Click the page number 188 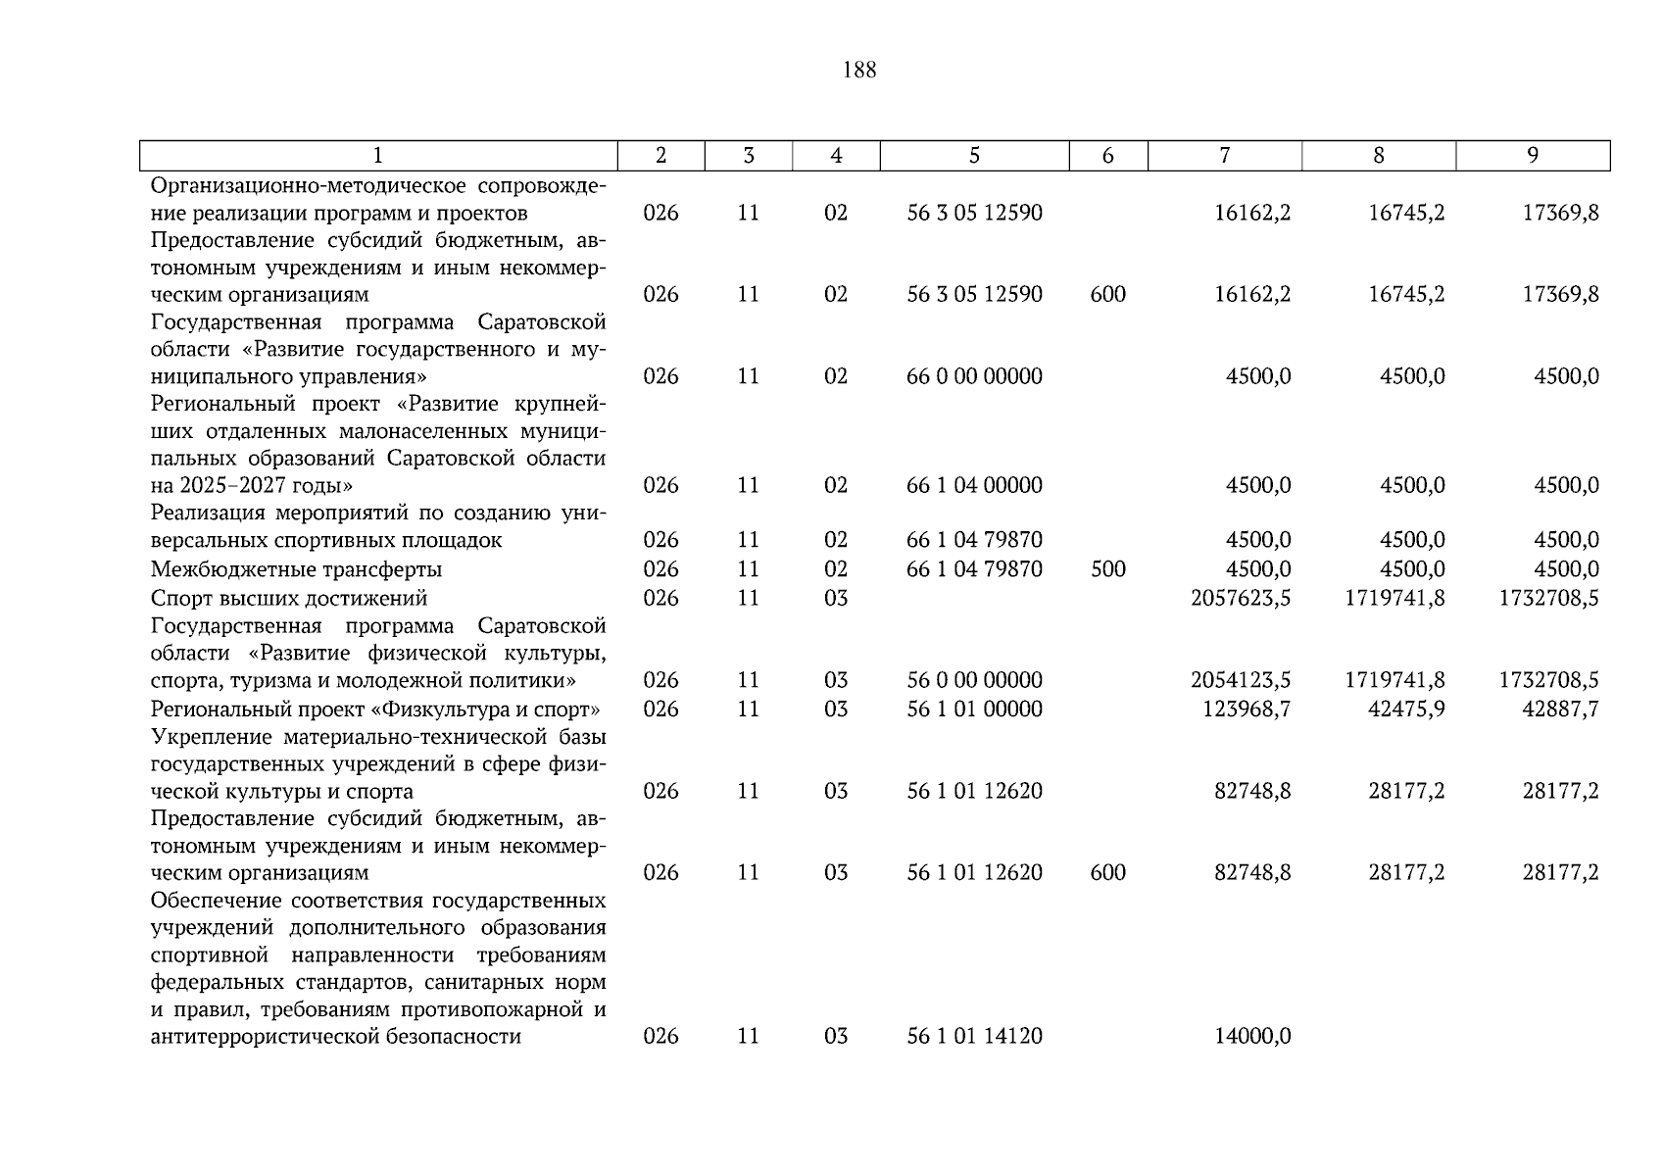click(x=858, y=71)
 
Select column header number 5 click(x=974, y=156)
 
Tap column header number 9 click(x=1533, y=156)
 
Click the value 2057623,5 click(x=1240, y=598)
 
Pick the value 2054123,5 click(x=1240, y=680)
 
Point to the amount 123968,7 click(x=1246, y=709)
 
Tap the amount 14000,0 click(x=1252, y=1036)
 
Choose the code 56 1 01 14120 click(x=974, y=1036)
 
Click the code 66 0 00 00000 click(x=974, y=376)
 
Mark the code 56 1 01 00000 click(x=974, y=709)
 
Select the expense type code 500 click(x=1107, y=569)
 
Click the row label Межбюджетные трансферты click(x=296, y=569)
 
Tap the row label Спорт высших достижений click(x=289, y=598)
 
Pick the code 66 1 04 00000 click(x=974, y=485)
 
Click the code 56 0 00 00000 click(x=974, y=680)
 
